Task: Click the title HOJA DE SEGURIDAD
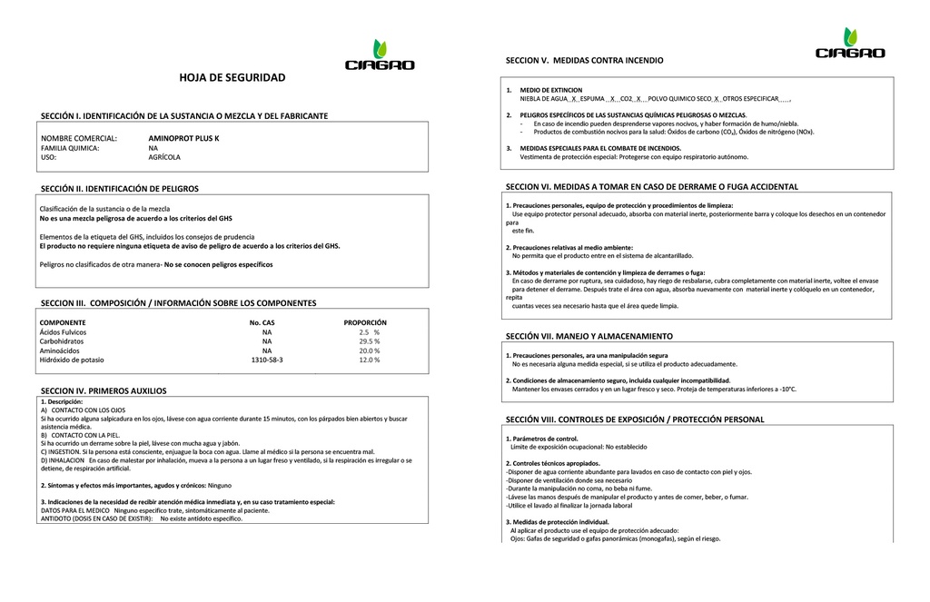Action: pyautogui.click(x=232, y=78)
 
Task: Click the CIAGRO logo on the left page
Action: pyautogui.click(x=380, y=56)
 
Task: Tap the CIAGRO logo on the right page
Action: pyautogui.click(x=850, y=45)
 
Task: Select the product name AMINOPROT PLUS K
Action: pyautogui.click(x=183, y=138)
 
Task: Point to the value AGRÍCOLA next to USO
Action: pyautogui.click(x=164, y=157)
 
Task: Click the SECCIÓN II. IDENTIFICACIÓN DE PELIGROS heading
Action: pyautogui.click(x=119, y=189)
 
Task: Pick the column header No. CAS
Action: pyautogui.click(x=262, y=322)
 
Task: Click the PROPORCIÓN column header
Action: pyautogui.click(x=365, y=322)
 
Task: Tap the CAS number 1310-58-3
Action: pyautogui.click(x=267, y=360)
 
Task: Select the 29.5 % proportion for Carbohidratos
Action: pyautogui.click(x=370, y=341)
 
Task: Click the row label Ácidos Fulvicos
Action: pyautogui.click(x=63, y=332)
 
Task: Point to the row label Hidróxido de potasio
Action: pyautogui.click(x=72, y=360)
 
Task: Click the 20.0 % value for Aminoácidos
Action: pyautogui.click(x=370, y=350)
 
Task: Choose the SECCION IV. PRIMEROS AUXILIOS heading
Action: pyautogui.click(x=104, y=390)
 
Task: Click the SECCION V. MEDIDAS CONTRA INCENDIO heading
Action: pyautogui.click(x=584, y=60)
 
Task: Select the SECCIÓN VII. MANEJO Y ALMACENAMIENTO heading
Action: pyautogui.click(x=589, y=336)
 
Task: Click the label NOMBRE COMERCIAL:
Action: pyautogui.click(x=79, y=138)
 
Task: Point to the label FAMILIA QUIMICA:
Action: pyautogui.click(x=70, y=148)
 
